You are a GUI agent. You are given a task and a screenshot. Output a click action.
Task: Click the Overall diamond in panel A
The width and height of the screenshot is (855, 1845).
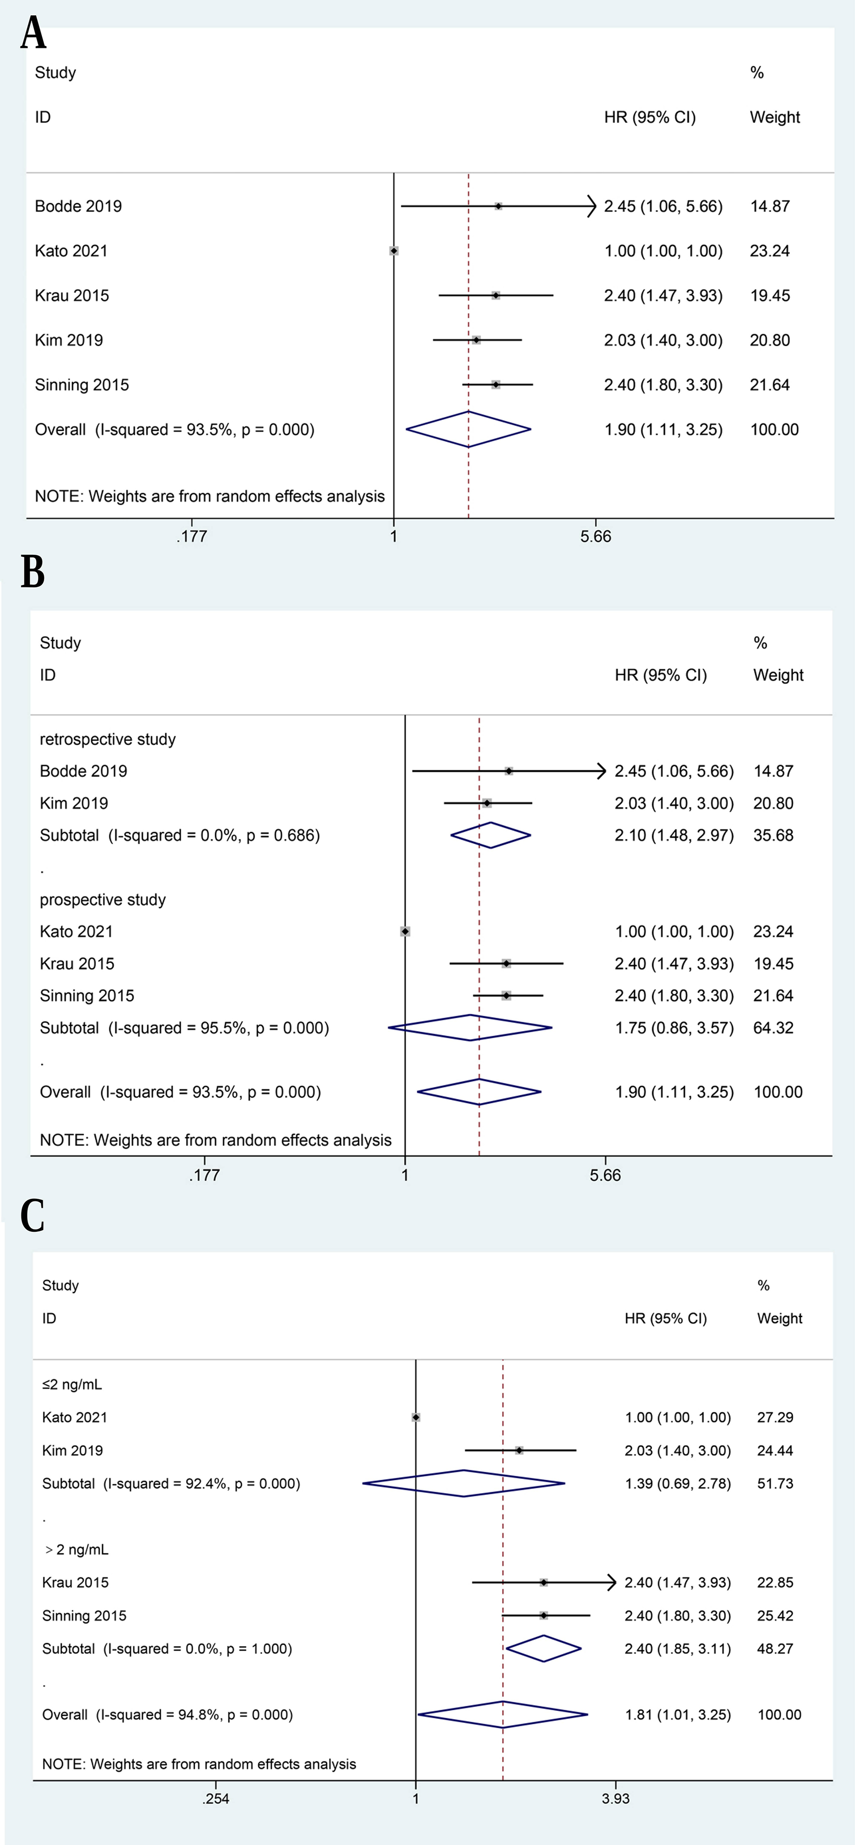click(x=468, y=429)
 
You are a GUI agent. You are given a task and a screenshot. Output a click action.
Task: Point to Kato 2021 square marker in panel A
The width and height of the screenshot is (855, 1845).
click(x=394, y=251)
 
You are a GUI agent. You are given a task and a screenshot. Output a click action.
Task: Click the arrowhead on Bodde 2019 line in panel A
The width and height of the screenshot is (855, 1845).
click(x=591, y=206)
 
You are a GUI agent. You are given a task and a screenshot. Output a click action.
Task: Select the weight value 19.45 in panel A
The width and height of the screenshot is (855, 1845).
click(x=770, y=295)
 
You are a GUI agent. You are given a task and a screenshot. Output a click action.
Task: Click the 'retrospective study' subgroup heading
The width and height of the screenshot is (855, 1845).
click(x=107, y=739)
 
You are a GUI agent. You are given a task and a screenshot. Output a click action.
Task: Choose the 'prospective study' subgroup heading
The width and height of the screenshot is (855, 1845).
click(x=103, y=899)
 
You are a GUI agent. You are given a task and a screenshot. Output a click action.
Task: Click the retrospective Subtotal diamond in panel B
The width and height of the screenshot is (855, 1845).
click(x=491, y=835)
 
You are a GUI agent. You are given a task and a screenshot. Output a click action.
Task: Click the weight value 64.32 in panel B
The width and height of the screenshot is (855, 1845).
click(x=773, y=1028)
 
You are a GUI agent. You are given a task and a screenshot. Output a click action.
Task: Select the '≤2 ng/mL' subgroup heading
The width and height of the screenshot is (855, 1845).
click(x=72, y=1384)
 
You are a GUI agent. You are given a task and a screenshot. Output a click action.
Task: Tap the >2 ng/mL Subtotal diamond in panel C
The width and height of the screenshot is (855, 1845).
click(x=543, y=1648)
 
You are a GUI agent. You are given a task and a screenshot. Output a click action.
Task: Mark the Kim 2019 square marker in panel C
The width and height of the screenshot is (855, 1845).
click(x=519, y=1450)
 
